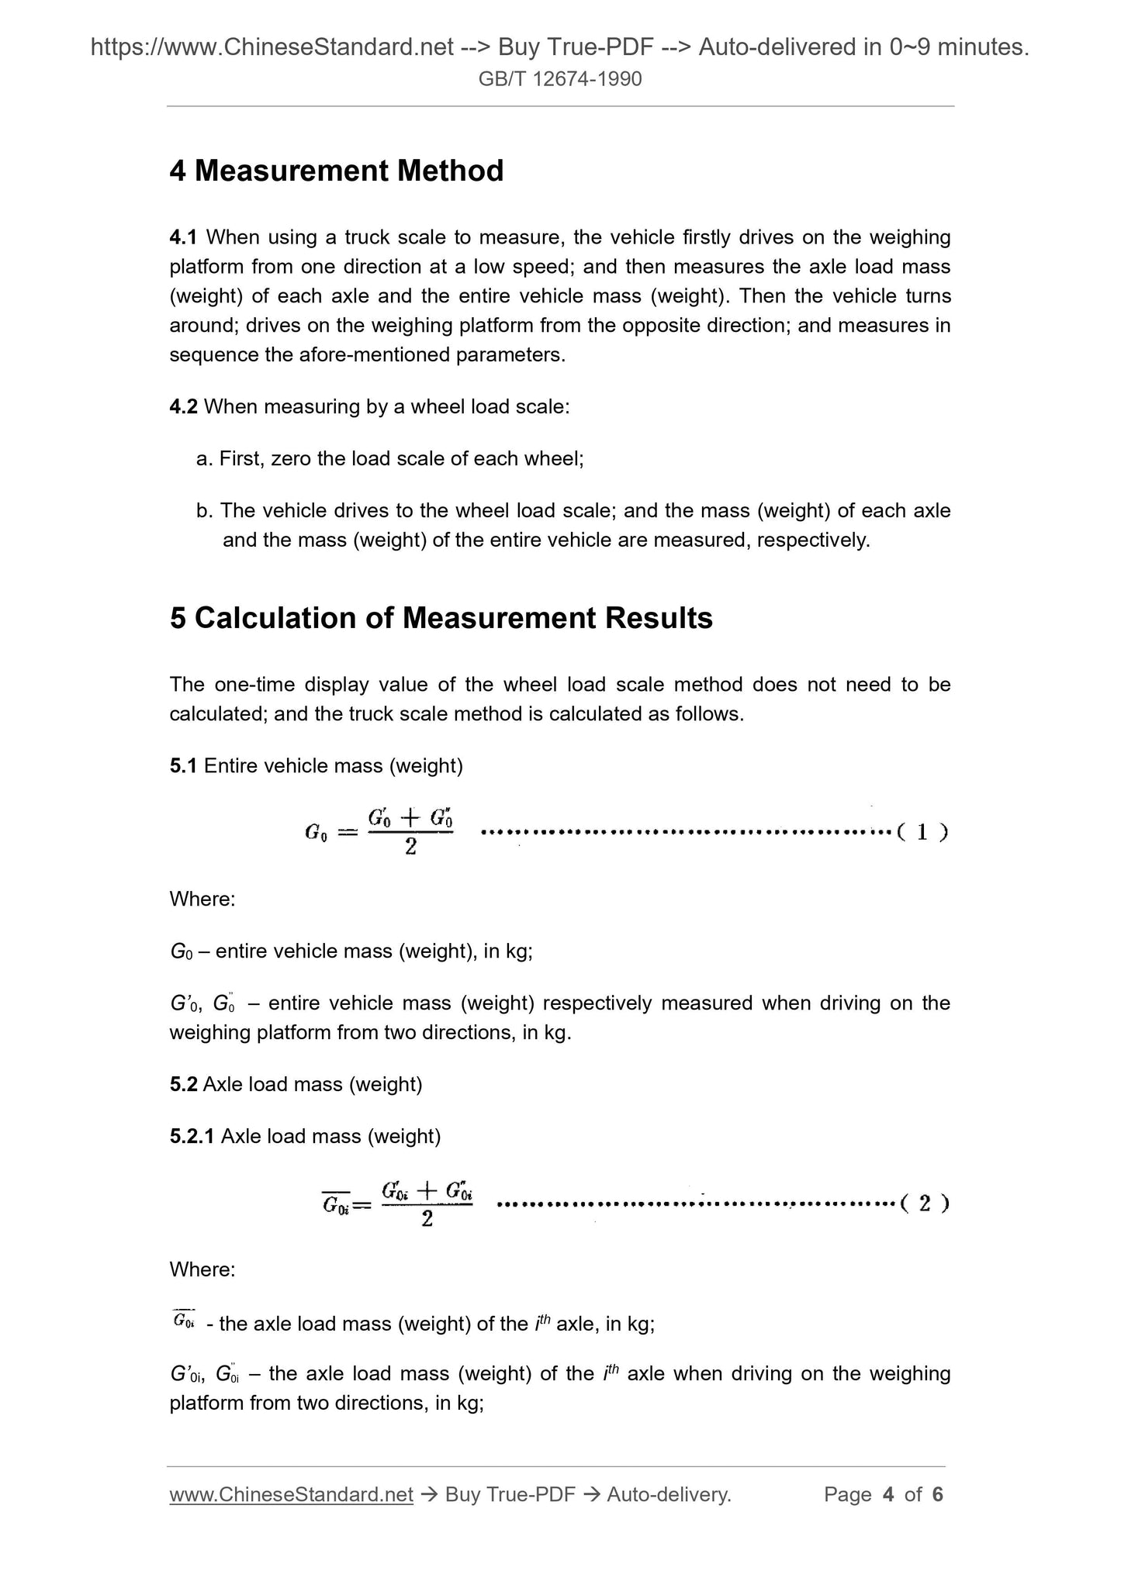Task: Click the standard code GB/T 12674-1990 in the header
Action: (560, 79)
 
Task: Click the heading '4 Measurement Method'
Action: (337, 171)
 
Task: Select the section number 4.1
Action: (184, 237)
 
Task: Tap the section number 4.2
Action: (184, 406)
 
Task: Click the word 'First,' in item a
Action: (242, 458)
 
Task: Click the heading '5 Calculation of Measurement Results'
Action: (441, 618)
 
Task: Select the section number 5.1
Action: (184, 766)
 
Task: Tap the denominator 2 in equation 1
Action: (410, 848)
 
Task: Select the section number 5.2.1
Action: (192, 1136)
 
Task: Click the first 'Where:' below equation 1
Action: (202, 900)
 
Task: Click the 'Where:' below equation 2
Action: (202, 1270)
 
